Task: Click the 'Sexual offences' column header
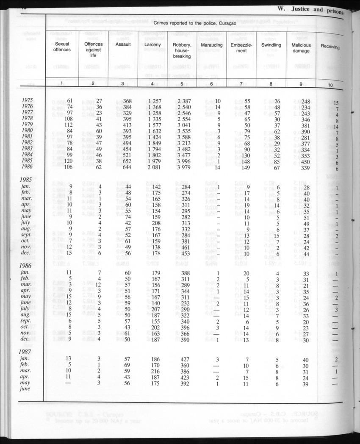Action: pyautogui.click(x=62, y=47)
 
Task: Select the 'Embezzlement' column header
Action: pyautogui.click(x=241, y=47)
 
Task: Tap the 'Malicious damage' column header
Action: pyautogui.click(x=301, y=47)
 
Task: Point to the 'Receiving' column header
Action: pyautogui.click(x=330, y=47)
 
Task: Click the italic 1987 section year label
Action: pyautogui.click(x=28, y=352)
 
